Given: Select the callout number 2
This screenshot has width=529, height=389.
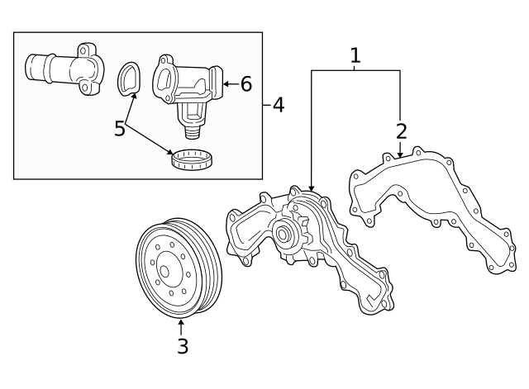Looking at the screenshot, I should tap(402, 130).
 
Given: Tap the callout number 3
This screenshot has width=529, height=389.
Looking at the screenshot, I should tap(183, 347).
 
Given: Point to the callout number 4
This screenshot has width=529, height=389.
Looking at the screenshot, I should tap(278, 105).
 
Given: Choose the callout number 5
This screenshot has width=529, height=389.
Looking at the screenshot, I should tap(120, 129).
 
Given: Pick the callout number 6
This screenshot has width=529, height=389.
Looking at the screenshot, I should tap(245, 83).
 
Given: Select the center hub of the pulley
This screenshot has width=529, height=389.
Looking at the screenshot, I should tap(163, 271).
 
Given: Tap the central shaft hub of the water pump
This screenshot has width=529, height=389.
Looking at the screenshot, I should tap(284, 235).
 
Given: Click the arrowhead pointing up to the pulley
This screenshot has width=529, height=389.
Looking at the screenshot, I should tap(181, 321).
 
